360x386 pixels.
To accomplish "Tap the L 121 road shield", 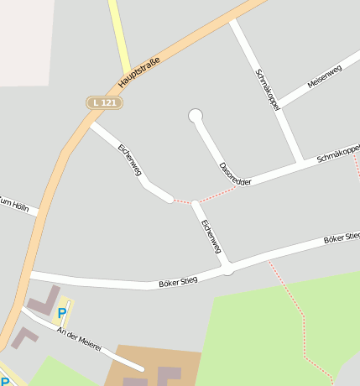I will (105, 102).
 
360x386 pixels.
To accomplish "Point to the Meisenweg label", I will (325, 77).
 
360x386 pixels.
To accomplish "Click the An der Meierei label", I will (79, 338).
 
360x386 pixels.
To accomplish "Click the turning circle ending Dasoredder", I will (196, 115).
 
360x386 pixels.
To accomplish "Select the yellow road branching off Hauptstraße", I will (118, 34).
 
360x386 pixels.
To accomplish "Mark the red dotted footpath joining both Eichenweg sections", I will (184, 202).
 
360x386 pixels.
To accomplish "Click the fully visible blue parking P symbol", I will (61, 314).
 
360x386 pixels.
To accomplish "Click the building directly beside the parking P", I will (42, 300).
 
